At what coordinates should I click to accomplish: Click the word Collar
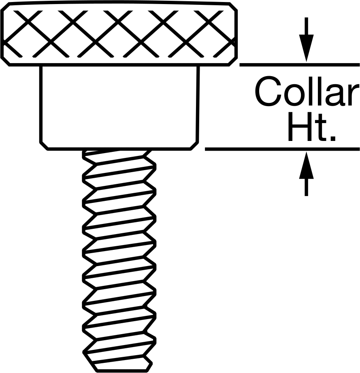pyautogui.click(x=307, y=91)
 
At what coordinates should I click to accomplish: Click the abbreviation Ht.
pyautogui.click(x=311, y=127)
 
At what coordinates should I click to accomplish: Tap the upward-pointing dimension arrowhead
pyautogui.click(x=306, y=165)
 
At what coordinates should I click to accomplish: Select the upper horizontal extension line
pyautogui.click(x=300, y=65)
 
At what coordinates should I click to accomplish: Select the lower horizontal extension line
pyautogui.click(x=282, y=149)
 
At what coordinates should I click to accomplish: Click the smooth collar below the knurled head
pyautogui.click(x=119, y=107)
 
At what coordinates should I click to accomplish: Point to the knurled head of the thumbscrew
pyautogui.click(x=119, y=33)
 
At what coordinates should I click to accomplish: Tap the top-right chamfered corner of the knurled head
pyautogui.click(x=233, y=6)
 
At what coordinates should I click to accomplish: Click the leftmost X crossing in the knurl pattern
pyautogui.click(x=28, y=23)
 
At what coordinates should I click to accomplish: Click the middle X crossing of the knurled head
pyautogui.click(x=118, y=23)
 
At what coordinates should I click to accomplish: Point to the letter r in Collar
pyautogui.click(x=354, y=95)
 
